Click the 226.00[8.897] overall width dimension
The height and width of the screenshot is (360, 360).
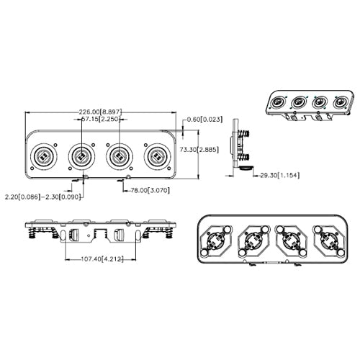point(100,112)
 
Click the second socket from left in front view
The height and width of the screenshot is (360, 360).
point(81,156)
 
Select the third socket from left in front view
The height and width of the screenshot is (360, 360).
point(118,156)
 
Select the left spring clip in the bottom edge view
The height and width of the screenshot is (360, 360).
point(35,232)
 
